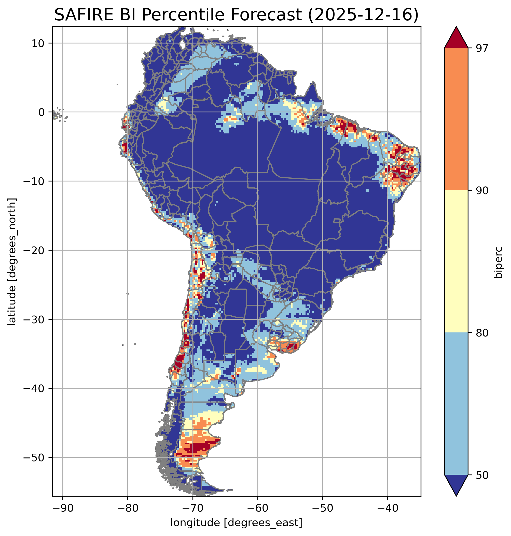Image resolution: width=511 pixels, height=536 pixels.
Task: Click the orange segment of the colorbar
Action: pyautogui.click(x=456, y=119)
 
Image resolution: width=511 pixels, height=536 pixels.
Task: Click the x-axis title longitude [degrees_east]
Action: pyautogui.click(x=237, y=523)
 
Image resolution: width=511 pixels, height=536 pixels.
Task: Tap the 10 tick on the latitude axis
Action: pyautogui.click(x=38, y=43)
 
